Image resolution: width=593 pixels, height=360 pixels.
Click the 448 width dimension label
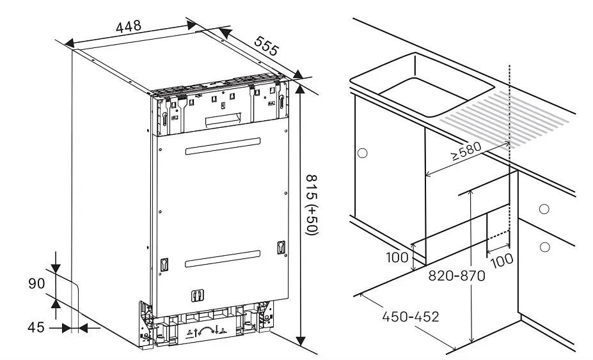129,26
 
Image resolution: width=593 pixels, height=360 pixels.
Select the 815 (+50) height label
312,205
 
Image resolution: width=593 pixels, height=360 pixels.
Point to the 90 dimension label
36,283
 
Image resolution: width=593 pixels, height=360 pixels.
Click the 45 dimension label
36,327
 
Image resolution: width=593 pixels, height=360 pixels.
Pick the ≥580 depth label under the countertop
466,151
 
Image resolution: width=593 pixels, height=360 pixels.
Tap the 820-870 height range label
457,276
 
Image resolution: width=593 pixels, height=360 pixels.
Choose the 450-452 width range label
411,317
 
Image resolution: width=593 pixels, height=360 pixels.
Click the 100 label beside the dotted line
502,260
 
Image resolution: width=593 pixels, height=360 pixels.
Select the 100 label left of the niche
397,258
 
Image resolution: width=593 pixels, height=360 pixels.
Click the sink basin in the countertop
422,84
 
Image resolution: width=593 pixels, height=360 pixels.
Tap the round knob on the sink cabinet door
362,153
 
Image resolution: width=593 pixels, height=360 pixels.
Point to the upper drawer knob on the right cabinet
544,209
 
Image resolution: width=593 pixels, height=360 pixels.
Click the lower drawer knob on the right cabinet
544,247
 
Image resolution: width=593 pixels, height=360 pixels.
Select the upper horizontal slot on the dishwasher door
223,146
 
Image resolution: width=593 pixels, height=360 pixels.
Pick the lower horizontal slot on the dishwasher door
223,259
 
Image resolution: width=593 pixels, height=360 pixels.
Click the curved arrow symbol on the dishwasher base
206,330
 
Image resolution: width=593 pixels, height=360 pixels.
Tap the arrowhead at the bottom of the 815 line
300,340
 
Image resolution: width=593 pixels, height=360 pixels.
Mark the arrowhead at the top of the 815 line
300,89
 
